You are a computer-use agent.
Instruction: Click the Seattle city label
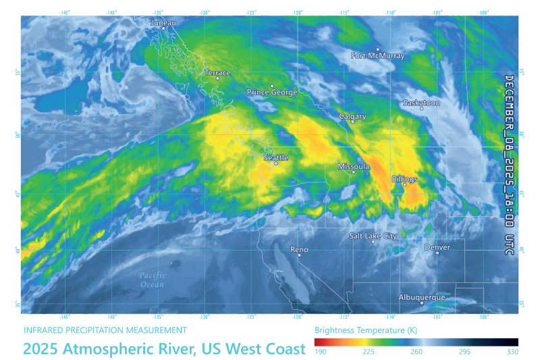pos(275,157)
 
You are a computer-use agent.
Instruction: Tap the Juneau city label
pos(163,23)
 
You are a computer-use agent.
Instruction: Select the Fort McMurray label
pos(378,56)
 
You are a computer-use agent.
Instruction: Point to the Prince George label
pos(272,93)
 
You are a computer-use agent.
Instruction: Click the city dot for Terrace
pos(217,79)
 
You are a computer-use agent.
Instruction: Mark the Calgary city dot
pos(352,122)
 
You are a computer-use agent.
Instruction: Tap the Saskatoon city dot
pos(422,108)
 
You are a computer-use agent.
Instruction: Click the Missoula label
pos(353,166)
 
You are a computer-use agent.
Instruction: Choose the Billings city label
pos(404,179)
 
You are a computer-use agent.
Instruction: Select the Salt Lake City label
pos(373,236)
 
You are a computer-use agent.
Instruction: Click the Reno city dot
pos(299,255)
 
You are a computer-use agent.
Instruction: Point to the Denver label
pos(437,247)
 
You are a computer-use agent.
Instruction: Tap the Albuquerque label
pos(422,297)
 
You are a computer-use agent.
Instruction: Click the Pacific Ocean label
pos(152,280)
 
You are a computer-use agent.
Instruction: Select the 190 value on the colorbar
pos(321,352)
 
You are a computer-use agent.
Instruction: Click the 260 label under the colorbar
pos(416,352)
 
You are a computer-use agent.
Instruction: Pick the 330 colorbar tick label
pos(512,352)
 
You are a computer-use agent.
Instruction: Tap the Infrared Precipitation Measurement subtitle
pos(105,330)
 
